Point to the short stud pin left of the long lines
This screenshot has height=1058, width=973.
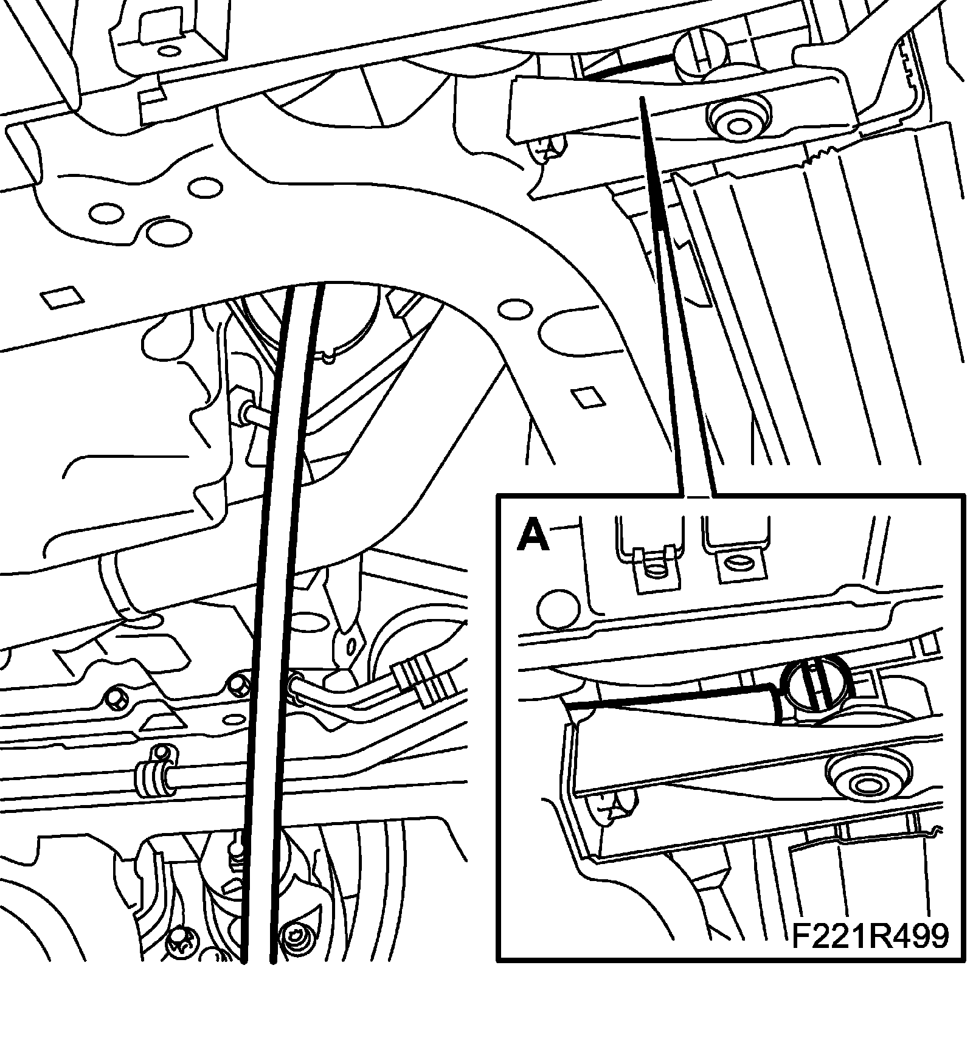click(x=252, y=416)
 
